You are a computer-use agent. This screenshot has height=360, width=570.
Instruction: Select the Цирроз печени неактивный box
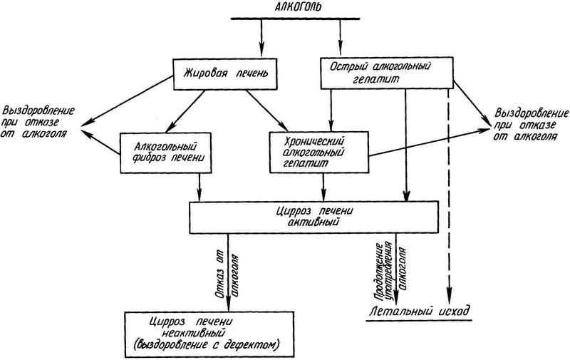[204, 334]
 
